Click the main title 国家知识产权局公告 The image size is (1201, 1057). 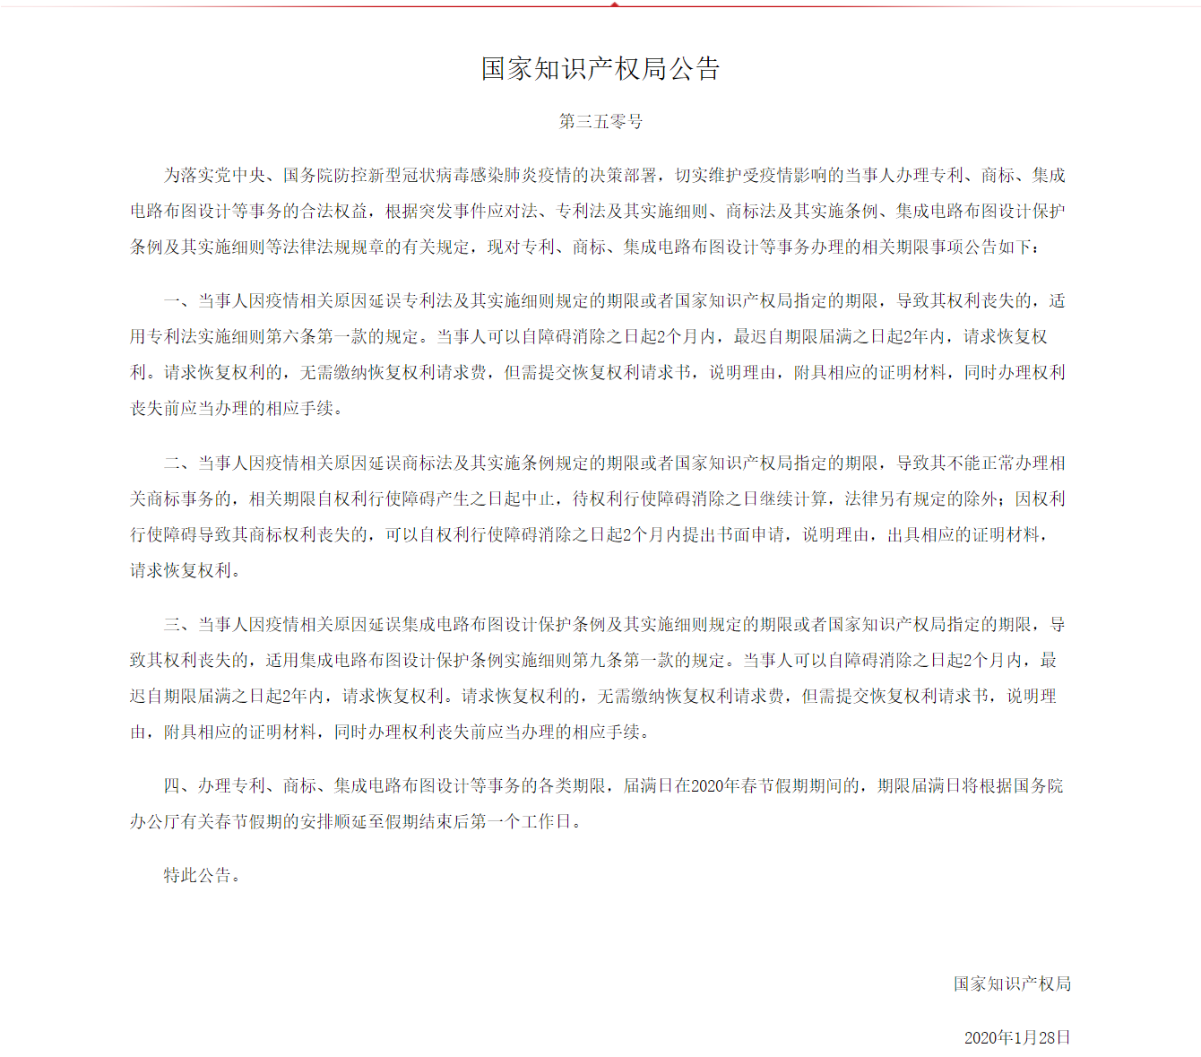(600, 69)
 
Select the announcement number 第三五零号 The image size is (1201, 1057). (600, 121)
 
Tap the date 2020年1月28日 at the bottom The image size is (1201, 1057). (1017, 1037)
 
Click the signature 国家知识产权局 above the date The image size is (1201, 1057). (1012, 983)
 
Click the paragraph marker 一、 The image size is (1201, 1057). (177, 301)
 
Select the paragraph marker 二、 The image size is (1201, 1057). (177, 464)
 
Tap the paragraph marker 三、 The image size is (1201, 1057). (177, 625)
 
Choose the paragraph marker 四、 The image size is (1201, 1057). (177, 786)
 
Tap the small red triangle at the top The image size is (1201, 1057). (614, 4)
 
